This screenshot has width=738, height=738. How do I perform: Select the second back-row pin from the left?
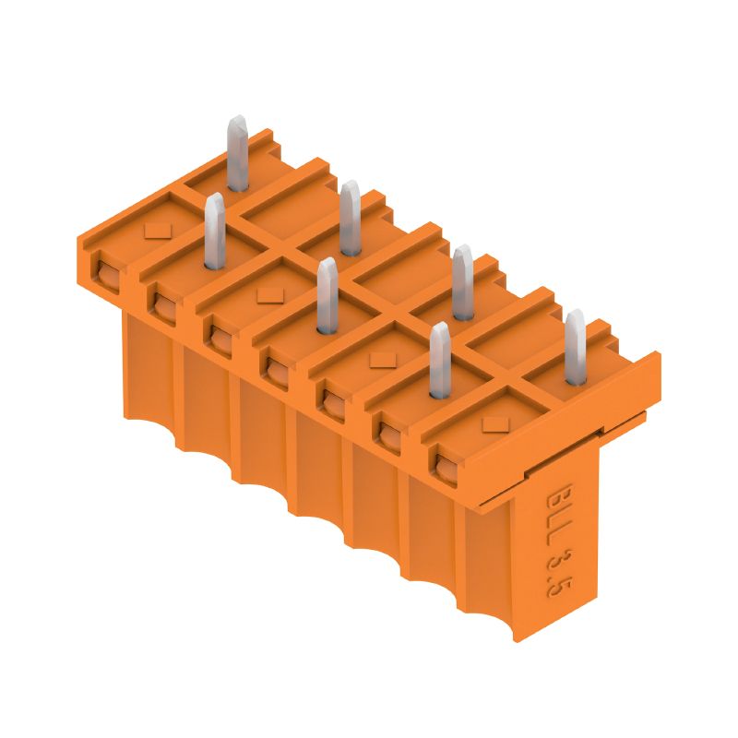349,218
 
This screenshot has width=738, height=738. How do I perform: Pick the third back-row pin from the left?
462,280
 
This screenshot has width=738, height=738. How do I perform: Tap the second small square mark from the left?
268,294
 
